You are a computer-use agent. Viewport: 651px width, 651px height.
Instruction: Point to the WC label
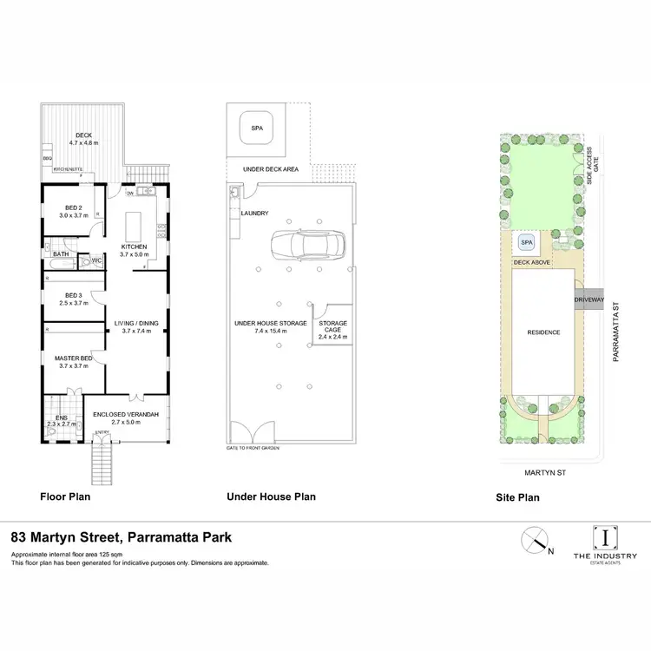click(x=97, y=260)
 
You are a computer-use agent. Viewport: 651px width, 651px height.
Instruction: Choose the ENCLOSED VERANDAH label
click(x=128, y=415)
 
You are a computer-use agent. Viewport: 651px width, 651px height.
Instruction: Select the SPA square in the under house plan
click(x=257, y=128)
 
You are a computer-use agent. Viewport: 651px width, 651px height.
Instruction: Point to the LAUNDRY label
click(x=255, y=213)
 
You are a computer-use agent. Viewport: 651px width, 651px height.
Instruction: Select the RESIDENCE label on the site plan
click(x=543, y=332)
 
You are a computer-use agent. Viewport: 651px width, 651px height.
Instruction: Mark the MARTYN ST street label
click(x=545, y=472)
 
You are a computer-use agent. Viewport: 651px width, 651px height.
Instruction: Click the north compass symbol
click(x=535, y=541)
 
